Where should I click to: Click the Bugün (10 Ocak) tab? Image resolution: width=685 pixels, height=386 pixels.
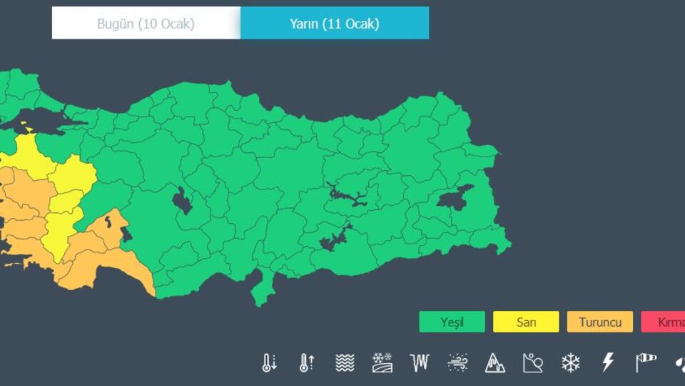(x=146, y=24)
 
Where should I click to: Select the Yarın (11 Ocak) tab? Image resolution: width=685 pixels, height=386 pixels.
(x=334, y=24)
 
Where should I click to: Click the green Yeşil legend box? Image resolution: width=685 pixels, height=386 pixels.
(x=452, y=322)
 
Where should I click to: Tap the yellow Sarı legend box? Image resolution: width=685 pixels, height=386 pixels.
(x=526, y=322)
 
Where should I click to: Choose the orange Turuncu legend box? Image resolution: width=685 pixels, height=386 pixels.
(x=600, y=322)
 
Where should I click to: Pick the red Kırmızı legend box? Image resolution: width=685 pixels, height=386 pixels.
(x=664, y=322)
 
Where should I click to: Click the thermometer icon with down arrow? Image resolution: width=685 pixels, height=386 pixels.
(x=269, y=362)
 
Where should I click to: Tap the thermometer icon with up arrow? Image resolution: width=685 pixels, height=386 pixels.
(x=307, y=362)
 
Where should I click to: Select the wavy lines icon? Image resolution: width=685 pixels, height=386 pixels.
(x=345, y=362)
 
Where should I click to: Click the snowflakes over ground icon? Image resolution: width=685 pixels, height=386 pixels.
(x=382, y=362)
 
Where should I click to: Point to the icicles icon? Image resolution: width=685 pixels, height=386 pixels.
(x=420, y=362)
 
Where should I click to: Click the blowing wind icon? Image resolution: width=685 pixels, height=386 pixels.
(x=457, y=362)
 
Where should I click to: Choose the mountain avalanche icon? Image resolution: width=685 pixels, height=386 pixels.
(x=495, y=362)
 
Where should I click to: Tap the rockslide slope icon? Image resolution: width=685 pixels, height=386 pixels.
(x=533, y=362)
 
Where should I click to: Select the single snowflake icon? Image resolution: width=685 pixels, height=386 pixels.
(x=571, y=362)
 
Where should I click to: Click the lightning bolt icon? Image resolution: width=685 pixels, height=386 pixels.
(x=608, y=362)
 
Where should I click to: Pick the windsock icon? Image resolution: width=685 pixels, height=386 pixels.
(x=646, y=362)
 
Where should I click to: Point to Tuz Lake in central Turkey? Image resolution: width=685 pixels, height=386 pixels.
(x=182, y=201)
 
